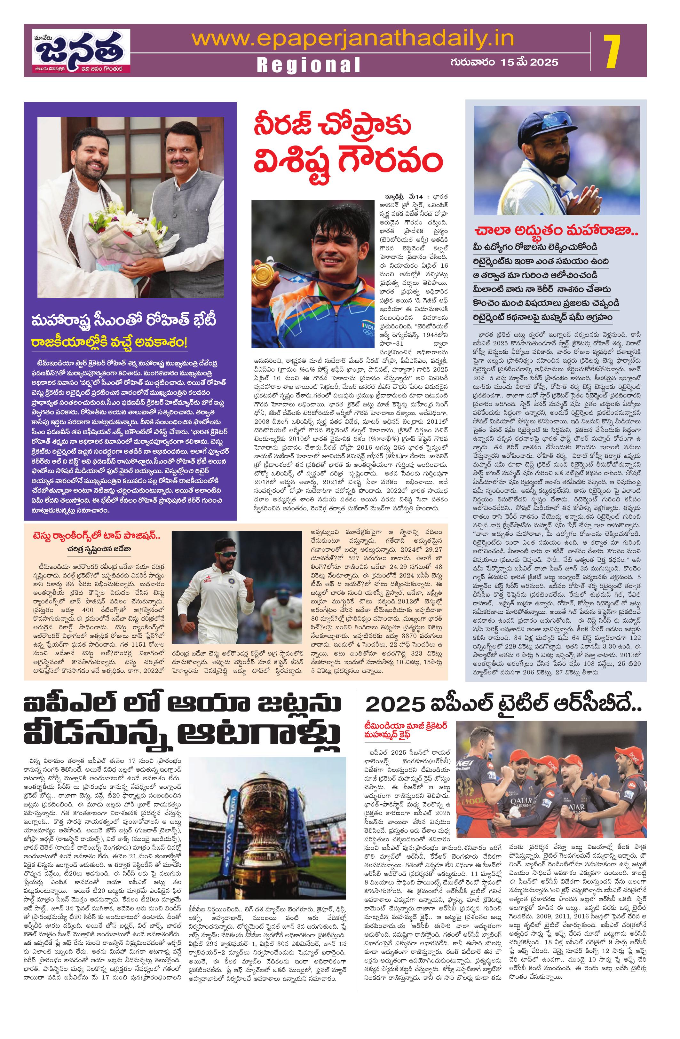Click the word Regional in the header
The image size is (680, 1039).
[x=308, y=65]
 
